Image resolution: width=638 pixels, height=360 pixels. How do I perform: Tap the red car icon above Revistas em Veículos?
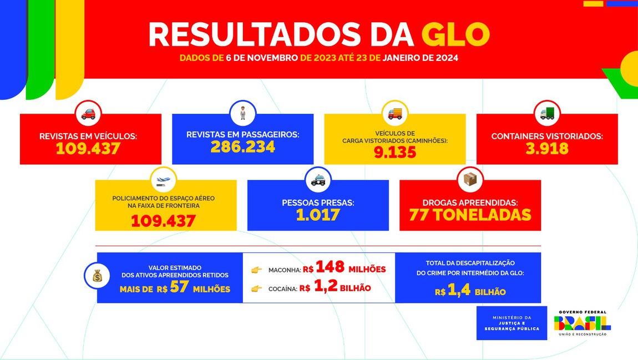pos(88,114)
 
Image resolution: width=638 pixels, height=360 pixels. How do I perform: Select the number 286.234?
pos(242,147)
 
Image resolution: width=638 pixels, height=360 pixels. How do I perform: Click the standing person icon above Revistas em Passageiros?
pos(242,113)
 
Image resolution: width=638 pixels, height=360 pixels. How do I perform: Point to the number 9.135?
pos(394,152)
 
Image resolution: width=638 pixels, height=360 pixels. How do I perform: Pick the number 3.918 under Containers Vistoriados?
pos(546,148)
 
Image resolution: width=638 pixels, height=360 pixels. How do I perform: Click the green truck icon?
pos(547,113)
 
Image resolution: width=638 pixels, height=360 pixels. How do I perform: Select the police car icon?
pos(318,180)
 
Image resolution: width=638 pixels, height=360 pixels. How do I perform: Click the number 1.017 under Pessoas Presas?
pos(317,215)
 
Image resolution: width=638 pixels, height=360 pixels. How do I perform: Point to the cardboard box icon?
pos(470,180)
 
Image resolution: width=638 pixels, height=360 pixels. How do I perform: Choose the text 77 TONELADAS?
pos(470,215)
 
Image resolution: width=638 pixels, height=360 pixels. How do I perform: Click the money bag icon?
pos(98,276)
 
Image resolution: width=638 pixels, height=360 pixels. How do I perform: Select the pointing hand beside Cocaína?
pos(256,288)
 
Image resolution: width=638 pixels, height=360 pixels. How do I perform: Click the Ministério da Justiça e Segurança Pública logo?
pos(512,323)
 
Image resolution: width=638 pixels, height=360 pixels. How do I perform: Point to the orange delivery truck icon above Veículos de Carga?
pos(394,113)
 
